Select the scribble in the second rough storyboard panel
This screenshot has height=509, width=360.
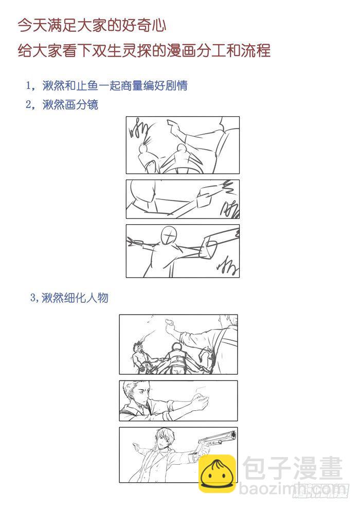click(x=229, y=208)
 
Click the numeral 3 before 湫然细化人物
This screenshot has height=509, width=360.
click(x=33, y=298)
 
